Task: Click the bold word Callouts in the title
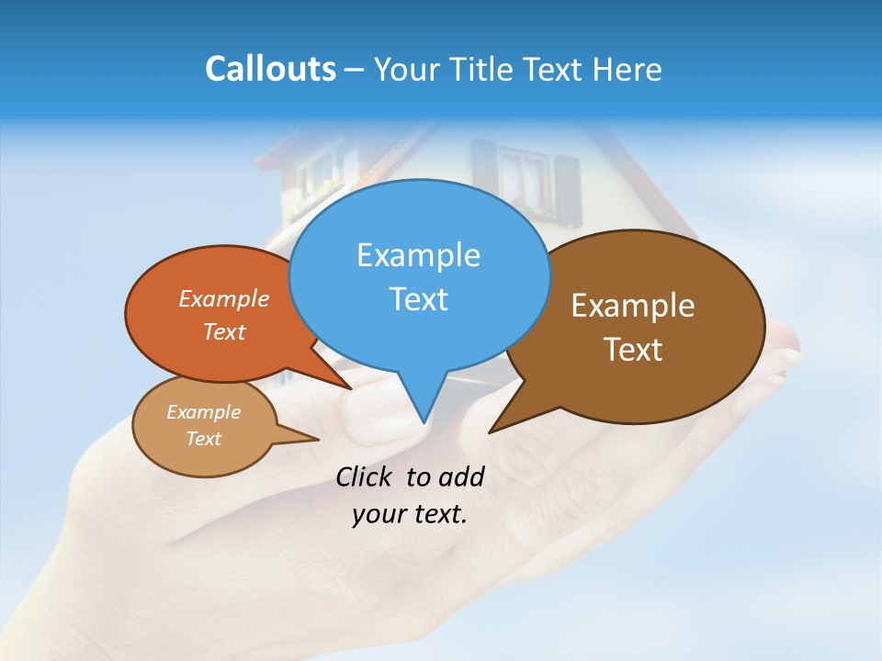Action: point(270,69)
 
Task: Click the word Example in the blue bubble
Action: point(418,255)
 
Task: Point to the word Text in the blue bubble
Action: point(418,299)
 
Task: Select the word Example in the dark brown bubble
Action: point(633,306)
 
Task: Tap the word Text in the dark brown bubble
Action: point(633,350)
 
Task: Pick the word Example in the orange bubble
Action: point(224,299)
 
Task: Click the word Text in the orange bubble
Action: point(224,332)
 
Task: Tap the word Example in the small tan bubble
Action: point(203,412)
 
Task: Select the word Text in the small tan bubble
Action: point(203,439)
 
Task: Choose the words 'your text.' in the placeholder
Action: point(409,515)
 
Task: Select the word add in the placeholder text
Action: point(460,476)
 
